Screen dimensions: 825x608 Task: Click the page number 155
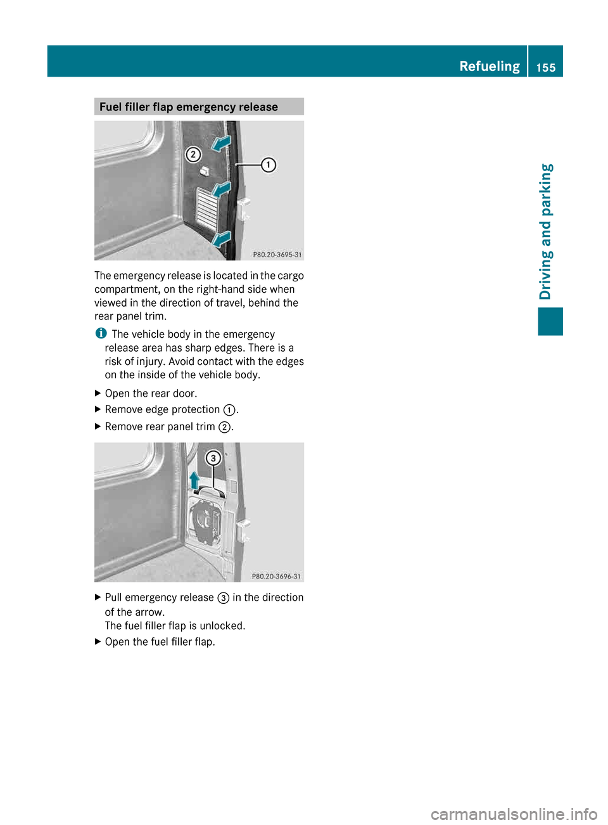545,67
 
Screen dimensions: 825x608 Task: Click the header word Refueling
489,66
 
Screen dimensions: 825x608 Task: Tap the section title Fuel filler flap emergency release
188,106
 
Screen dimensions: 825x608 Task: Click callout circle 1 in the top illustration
269,165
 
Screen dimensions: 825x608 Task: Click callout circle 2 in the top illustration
193,155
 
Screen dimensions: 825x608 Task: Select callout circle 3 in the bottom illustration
213,458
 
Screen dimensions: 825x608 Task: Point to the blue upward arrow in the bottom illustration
194,480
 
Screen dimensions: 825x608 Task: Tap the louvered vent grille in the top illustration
207,209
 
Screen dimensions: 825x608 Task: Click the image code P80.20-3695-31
277,255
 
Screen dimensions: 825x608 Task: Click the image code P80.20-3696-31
276,577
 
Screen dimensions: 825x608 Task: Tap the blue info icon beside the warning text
100,333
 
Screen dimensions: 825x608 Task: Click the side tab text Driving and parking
546,231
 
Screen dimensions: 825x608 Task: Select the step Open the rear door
151,393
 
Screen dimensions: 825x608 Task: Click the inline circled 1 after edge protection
229,410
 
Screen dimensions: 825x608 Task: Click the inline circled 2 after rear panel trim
224,427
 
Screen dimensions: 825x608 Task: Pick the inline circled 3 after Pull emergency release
223,598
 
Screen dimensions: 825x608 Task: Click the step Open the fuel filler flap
160,642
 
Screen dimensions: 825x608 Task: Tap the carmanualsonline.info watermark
514,814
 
